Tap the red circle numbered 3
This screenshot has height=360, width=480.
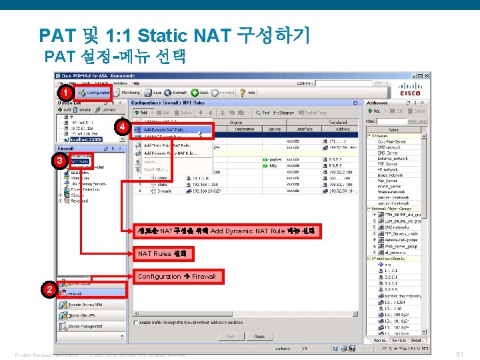59,161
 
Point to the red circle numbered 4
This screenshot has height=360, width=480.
121,127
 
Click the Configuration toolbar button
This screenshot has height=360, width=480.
93,93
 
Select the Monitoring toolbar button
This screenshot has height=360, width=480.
127,93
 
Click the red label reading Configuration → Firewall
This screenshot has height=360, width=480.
176,276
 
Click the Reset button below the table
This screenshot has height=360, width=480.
259,337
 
